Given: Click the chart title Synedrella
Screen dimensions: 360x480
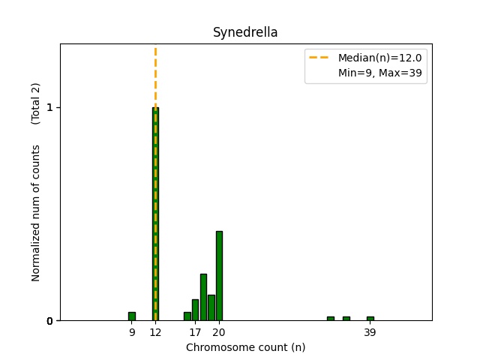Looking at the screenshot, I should pos(245,32).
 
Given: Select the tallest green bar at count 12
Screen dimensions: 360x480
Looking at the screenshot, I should pos(155,214).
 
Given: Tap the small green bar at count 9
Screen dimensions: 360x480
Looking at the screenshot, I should pos(132,316).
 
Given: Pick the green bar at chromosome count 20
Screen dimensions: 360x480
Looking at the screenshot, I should pos(219,276).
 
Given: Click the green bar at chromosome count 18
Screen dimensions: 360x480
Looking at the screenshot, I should pos(203,297).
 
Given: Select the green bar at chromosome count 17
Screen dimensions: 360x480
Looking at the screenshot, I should pos(195,310).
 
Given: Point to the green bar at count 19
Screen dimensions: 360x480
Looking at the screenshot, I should pos(211,307).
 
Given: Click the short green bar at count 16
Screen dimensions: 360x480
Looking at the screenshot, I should pos(187,316).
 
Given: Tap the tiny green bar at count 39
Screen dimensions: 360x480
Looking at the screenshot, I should pos(370,319).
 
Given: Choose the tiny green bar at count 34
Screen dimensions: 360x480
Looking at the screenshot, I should pos(330,319).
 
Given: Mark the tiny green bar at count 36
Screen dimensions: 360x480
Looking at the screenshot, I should pos(346,319).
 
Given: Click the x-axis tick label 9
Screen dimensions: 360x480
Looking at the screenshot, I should pos(132,332).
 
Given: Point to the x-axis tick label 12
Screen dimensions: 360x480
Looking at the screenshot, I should pos(155,332).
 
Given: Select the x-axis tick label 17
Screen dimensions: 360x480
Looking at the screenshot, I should pos(195,332).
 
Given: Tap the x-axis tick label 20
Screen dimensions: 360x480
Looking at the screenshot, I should pos(219,332).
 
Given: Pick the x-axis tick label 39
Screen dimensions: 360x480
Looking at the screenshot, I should pos(370,332).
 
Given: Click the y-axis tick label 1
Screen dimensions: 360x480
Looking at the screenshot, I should pos(49,107).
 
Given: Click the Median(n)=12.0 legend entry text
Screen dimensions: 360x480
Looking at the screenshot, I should pos(379,58).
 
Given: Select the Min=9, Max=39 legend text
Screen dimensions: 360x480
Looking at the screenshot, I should pos(379,73).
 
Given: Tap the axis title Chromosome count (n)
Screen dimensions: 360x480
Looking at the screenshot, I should pos(245,347).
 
